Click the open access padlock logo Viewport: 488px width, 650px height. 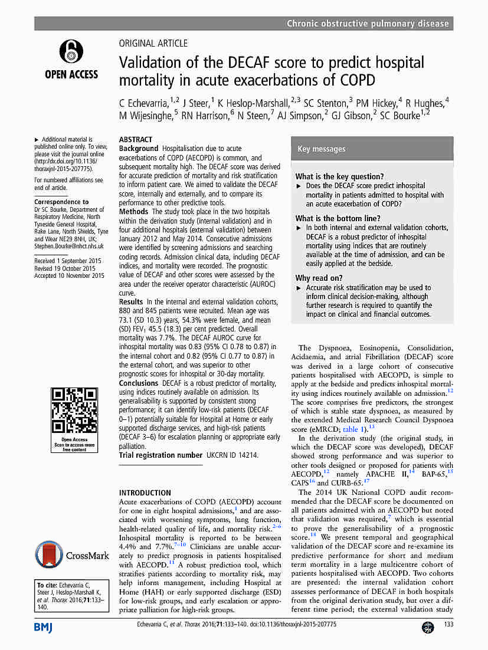[x=71, y=52]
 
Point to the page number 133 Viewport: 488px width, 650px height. [x=448, y=625]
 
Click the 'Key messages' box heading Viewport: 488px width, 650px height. [x=322, y=149]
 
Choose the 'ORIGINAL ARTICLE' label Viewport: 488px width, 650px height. [x=153, y=43]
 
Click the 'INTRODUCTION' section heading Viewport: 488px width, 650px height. [x=145, y=493]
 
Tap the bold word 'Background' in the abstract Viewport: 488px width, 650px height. [x=139, y=149]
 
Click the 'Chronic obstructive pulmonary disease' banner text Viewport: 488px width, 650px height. [x=368, y=24]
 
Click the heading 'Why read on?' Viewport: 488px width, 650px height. [x=319, y=278]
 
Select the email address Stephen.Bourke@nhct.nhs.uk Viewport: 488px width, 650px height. [x=69, y=247]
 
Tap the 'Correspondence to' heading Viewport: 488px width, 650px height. [x=61, y=202]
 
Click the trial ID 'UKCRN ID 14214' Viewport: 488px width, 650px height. [x=232, y=455]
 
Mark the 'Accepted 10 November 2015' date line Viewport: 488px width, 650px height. [x=69, y=275]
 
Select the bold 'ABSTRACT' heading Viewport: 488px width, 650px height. [x=136, y=140]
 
